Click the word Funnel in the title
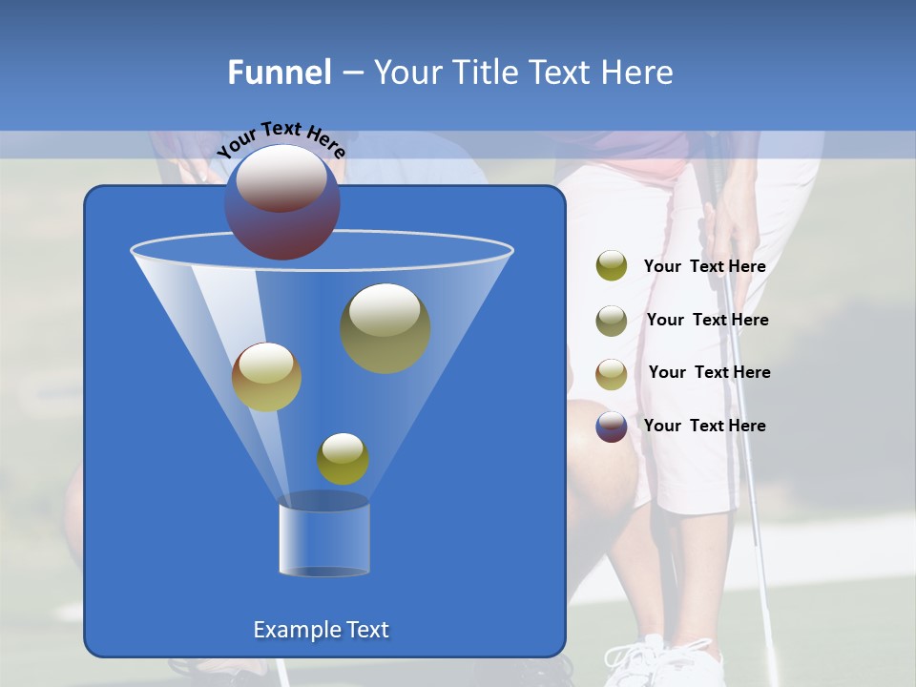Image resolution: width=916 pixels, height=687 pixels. tap(279, 73)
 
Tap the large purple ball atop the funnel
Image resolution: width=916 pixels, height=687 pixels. tap(282, 203)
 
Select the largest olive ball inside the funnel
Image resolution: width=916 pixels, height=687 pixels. tap(385, 328)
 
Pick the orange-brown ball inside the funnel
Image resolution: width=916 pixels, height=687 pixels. tap(266, 377)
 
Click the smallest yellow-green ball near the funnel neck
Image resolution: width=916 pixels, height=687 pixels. tap(343, 459)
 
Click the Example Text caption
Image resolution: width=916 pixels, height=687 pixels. tap(321, 630)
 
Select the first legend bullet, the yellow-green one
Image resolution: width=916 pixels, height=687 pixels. tap(612, 266)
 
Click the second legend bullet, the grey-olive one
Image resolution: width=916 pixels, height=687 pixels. tap(612, 321)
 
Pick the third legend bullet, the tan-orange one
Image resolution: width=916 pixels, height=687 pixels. tap(612, 373)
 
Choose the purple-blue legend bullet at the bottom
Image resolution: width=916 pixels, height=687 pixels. tap(612, 427)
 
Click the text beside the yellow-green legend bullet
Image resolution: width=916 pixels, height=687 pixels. tap(704, 267)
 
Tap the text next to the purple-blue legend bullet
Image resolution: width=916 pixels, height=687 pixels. tap(704, 426)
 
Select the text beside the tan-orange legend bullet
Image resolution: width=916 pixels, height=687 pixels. tap(709, 372)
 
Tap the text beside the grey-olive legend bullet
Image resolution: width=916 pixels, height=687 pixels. tap(707, 320)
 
